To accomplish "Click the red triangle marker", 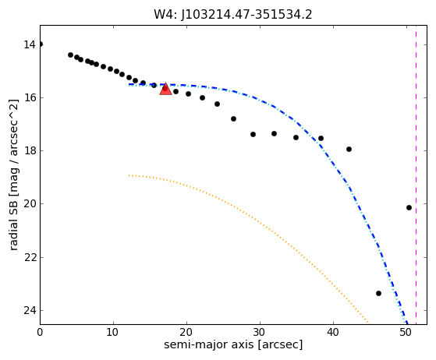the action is click(x=165, y=89).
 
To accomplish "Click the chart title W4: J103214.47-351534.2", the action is click(x=233, y=15).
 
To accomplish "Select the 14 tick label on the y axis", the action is click(x=30, y=44).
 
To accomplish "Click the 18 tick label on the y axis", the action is click(x=30, y=151).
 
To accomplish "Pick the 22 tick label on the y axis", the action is click(x=30, y=257).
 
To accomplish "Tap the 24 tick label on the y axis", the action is click(x=30, y=311).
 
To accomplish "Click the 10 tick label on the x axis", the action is click(x=113, y=332).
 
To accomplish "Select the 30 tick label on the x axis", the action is click(x=260, y=332).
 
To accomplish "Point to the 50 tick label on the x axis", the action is click(x=406, y=332).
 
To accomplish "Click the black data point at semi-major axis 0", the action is click(x=41, y=44).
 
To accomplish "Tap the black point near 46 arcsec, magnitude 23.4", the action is click(x=378, y=293).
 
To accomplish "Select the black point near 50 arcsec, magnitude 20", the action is click(x=409, y=207).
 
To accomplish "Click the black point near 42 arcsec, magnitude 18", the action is click(x=349, y=149).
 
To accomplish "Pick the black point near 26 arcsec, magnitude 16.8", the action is click(x=233, y=119).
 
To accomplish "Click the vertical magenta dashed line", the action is click(x=416, y=175).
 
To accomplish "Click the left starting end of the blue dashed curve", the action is click(x=129, y=84).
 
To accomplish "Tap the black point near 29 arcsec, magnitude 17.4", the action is click(x=253, y=135).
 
